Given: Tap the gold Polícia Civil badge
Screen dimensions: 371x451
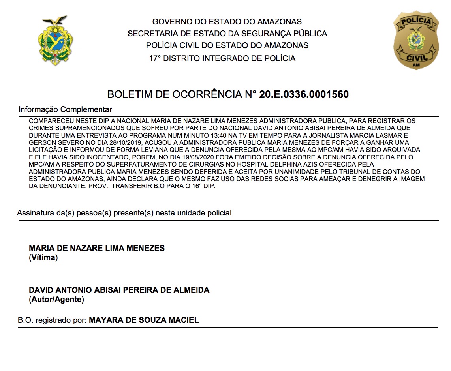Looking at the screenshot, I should tap(416, 41).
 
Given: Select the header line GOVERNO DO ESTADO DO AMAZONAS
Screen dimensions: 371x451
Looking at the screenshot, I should tap(227, 22).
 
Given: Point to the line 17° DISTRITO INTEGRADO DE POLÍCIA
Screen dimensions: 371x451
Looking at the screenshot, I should tap(222, 59).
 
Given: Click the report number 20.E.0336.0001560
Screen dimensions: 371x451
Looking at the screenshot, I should tap(304, 95).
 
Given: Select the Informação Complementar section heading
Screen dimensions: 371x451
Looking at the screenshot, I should tap(66, 109).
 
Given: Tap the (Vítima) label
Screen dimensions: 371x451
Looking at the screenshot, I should tap(43, 258).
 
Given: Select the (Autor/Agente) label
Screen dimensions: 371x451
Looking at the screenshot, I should tap(56, 300).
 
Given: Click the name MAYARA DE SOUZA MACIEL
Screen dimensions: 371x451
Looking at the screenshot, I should tap(144, 320).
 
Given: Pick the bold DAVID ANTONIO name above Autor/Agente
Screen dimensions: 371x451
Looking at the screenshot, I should tap(119, 290).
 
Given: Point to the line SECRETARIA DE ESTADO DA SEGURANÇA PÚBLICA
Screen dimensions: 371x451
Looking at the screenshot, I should tap(227, 34).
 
